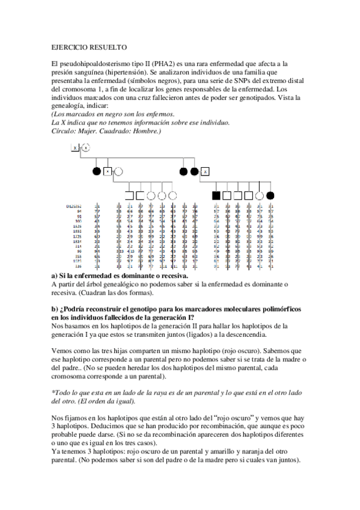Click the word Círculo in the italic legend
tap(62, 131)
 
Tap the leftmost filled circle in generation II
tap(96, 171)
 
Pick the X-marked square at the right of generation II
tap(205, 171)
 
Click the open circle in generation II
tap(118, 171)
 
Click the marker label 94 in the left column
tap(78, 212)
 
